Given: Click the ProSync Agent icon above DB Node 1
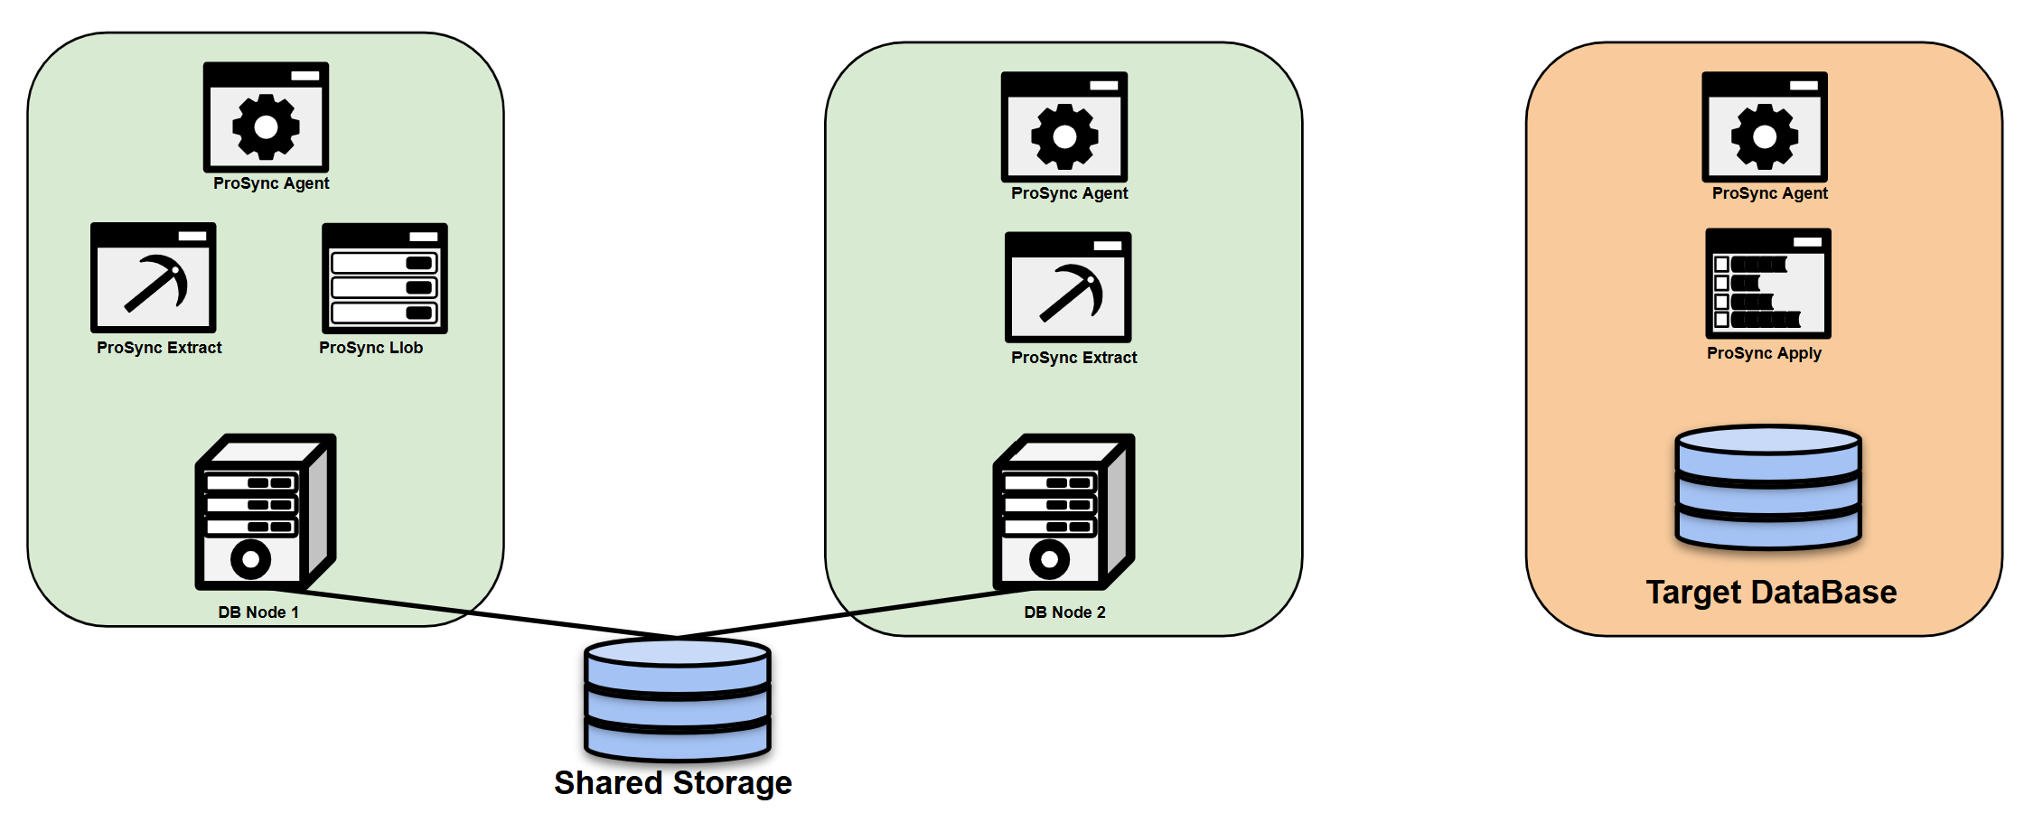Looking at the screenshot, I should point(266,117).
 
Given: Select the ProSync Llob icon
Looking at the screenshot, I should point(385,278).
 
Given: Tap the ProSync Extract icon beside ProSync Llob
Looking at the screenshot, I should point(154,278).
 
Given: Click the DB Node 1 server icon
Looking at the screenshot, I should point(265,512).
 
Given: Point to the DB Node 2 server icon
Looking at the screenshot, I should point(1064,512).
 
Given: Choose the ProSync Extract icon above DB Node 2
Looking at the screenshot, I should point(1068,287).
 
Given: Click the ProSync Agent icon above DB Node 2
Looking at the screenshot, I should point(1064,127).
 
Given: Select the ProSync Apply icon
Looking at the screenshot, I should point(1768,284).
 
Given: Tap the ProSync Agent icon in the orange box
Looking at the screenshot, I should point(1765,127).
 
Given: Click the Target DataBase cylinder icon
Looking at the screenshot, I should point(1768,488).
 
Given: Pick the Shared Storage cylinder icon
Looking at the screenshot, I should point(678,699).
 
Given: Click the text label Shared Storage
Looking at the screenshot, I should point(673,782).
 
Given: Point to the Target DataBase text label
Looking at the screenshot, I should point(1771,593).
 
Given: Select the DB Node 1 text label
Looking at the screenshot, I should point(258,612).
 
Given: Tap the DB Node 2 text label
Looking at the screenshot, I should point(1064,612).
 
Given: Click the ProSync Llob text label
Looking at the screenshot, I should point(370,348).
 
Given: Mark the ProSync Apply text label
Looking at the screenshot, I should point(1764,353).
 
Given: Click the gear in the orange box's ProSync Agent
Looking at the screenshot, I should point(1765,136).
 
